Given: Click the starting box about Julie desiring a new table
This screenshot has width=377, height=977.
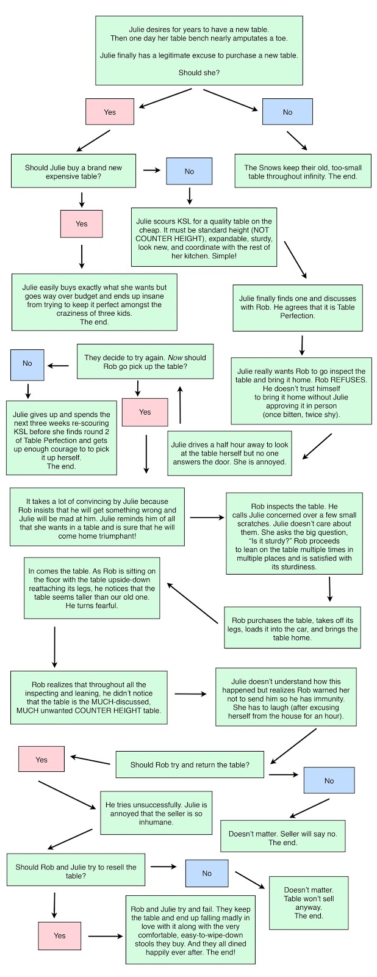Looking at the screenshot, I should tap(199, 51).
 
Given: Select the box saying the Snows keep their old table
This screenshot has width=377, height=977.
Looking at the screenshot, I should tap(303, 172).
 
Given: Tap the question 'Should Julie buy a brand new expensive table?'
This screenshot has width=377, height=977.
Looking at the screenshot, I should tap(73, 172).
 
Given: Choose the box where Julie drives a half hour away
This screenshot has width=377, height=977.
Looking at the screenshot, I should tap(229, 453).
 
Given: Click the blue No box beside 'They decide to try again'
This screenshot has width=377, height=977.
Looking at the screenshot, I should tap(27, 364).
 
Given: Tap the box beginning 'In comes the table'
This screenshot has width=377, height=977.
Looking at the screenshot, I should tap(92, 587).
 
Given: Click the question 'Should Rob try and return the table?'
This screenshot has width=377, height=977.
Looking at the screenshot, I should tap(190, 765).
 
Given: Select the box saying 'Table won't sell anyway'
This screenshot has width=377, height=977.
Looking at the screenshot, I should tap(309, 903).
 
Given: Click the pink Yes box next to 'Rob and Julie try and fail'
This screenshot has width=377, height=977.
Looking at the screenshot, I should tap(60, 935).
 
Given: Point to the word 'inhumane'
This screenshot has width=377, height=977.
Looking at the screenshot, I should tap(156, 822).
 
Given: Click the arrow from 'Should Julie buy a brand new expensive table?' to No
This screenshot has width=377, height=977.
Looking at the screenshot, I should tap(152, 170).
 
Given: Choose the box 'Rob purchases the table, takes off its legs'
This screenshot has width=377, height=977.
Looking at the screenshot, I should tap(292, 628).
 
